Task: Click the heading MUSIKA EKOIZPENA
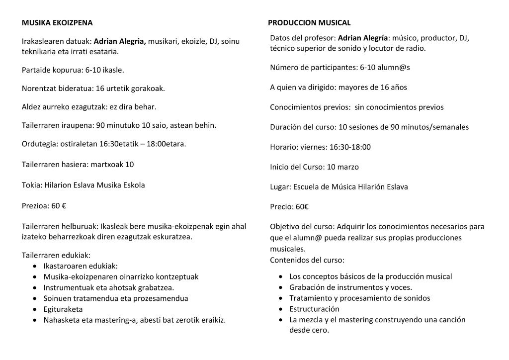click(57, 23)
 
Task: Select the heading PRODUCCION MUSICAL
click(309, 23)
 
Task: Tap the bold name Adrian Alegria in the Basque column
click(119, 41)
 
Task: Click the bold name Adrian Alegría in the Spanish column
click(363, 38)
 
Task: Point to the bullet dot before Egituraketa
click(34, 309)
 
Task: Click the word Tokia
click(31, 185)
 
